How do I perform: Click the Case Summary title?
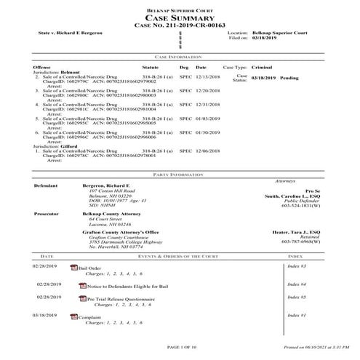(x=180, y=17)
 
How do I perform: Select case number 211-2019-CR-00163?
(x=180, y=25)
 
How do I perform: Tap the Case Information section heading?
(x=179, y=56)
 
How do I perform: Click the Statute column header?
(x=151, y=67)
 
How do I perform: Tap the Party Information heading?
(x=179, y=175)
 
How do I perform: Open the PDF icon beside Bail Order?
(x=73, y=268)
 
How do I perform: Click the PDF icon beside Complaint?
(x=73, y=317)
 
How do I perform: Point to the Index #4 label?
(x=297, y=284)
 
